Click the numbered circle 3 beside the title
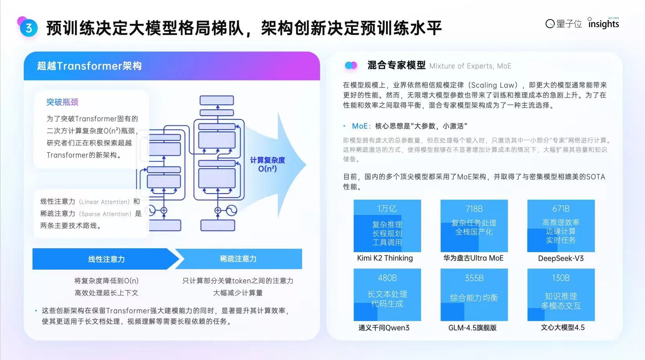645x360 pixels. [x=29, y=28]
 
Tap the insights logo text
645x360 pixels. [x=604, y=24]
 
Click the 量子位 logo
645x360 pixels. [x=564, y=24]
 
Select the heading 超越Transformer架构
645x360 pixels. [x=89, y=66]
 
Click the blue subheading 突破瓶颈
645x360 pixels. [x=63, y=102]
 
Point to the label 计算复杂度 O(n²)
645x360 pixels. [x=267, y=164]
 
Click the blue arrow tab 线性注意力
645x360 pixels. [x=106, y=259]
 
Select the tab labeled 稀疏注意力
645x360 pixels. [x=238, y=259]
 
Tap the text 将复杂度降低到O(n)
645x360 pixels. [x=106, y=281]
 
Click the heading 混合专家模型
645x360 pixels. [x=396, y=65]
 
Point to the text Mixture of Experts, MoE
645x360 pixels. [x=470, y=66]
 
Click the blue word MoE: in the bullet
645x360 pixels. [x=361, y=126]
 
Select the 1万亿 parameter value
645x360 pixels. [x=387, y=209]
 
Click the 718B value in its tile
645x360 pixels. [x=474, y=209]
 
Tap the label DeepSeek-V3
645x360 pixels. [x=561, y=258]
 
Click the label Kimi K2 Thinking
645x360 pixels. [x=385, y=258]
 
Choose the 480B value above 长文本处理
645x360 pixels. [x=387, y=278]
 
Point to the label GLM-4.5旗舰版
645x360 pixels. [x=472, y=328]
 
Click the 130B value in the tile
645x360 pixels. [x=561, y=278]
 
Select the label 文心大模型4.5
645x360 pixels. [x=563, y=328]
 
